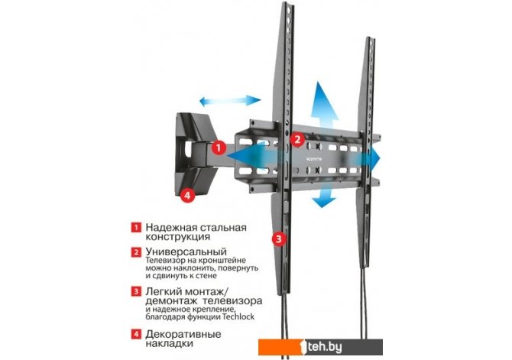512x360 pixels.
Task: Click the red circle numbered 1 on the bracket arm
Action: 219,148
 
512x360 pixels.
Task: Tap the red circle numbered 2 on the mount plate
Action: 297,140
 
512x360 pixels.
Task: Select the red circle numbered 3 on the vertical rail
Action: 278,238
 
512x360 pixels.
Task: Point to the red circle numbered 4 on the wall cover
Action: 187,196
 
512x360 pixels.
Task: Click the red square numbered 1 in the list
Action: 136,227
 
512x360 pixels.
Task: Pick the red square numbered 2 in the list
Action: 136,252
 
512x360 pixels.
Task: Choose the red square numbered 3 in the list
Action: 136,291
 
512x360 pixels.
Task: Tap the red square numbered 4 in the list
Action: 136,335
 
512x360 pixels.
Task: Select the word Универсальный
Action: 186,252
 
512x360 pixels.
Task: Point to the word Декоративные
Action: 183,335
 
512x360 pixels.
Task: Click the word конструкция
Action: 177,237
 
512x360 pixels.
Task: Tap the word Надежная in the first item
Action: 171,227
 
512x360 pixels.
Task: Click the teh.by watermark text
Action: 323,347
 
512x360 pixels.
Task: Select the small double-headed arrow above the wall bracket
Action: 230,101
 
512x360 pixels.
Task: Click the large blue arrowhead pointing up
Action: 324,100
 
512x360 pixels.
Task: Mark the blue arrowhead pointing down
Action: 323,202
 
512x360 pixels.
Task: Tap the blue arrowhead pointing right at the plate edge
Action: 375,158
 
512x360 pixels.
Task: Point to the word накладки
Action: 169,344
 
